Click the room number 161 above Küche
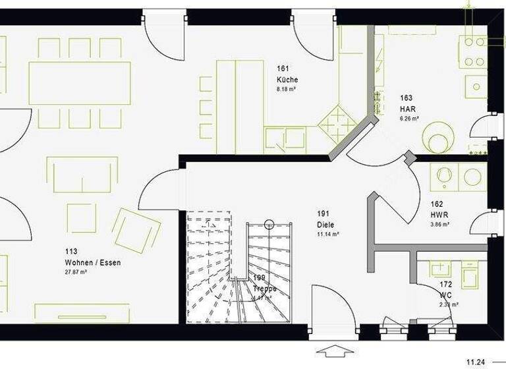tap(283, 69)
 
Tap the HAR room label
tap(407, 109)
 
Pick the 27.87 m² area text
tap(76, 271)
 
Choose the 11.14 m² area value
tap(327, 234)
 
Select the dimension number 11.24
tap(476, 362)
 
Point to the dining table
tap(79, 84)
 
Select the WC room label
tap(446, 295)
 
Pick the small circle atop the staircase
tap(269, 225)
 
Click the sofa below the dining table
tap(82, 173)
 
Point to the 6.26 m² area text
tap(410, 119)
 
